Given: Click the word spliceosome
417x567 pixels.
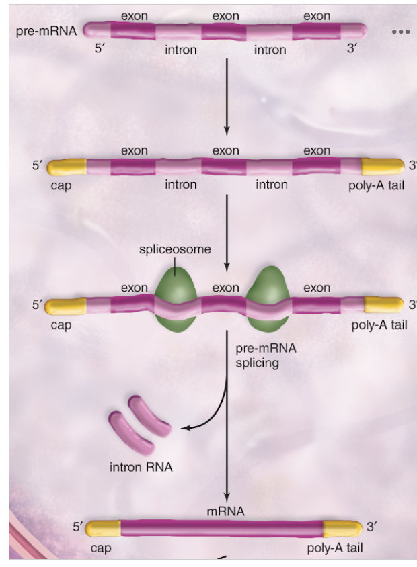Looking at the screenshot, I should point(175,249).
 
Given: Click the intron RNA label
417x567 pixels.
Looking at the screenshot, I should point(141,466).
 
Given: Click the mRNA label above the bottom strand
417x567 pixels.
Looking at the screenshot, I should point(226,511).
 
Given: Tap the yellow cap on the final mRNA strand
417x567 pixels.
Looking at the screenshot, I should point(101,528).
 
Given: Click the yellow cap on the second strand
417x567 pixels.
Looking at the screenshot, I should point(67,166).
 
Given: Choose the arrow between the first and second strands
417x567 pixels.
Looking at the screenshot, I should point(227,94).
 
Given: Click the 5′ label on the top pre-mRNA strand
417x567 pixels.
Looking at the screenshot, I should point(103,49).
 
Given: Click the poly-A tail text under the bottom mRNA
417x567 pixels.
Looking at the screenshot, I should point(334,548).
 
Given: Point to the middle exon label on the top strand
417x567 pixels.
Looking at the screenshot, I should point(225,15).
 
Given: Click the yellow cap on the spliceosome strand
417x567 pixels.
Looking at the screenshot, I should point(67,306).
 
